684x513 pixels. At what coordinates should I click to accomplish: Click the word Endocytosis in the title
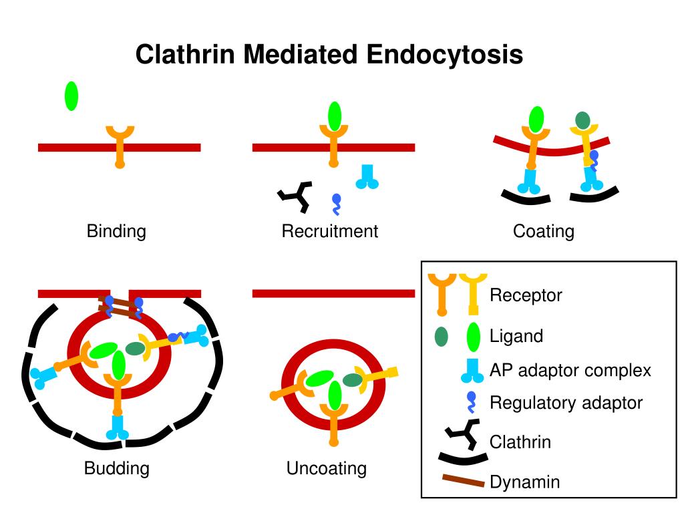coord(444,55)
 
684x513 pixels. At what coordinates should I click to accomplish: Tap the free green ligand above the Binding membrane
coord(71,96)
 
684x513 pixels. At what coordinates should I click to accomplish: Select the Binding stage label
coord(116,231)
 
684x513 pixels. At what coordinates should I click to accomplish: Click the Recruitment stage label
coord(330,231)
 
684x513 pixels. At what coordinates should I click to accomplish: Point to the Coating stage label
coord(544,231)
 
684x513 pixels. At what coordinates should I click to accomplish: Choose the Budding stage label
coord(116,468)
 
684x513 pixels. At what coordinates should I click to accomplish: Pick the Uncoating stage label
coord(326,468)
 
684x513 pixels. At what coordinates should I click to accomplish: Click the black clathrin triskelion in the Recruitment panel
coord(295,196)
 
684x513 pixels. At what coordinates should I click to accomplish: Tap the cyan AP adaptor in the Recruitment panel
coord(367,176)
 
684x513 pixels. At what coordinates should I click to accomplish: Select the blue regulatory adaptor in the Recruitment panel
coord(337,204)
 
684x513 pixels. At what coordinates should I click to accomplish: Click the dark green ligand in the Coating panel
coord(582,120)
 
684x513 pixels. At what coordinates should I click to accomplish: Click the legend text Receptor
coord(526,295)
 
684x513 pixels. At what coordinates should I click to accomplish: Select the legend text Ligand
coord(516,336)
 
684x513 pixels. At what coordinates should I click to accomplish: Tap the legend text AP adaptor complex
coord(570,370)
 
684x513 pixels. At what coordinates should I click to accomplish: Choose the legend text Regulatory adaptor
coord(566,403)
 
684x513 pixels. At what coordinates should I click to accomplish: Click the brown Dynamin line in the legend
coord(464,480)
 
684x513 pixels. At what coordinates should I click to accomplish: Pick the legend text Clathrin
coord(520,442)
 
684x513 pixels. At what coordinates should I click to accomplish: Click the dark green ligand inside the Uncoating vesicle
coord(353,380)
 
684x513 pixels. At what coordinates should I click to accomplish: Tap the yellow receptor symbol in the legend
coord(474,293)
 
